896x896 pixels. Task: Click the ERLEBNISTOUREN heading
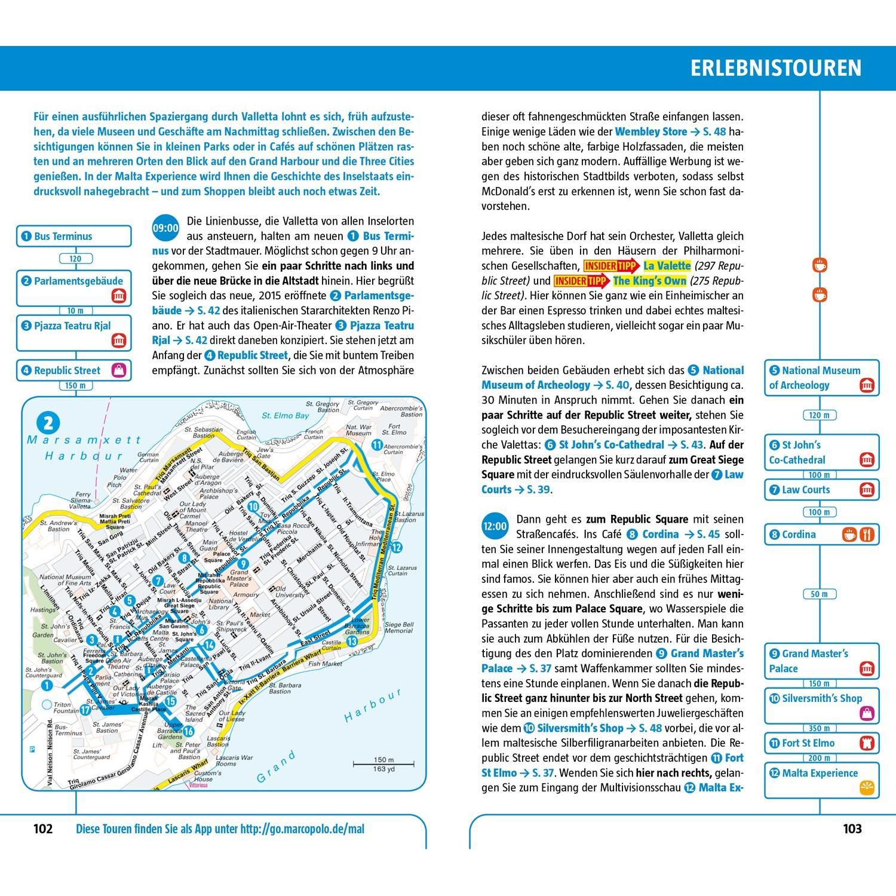pos(776,68)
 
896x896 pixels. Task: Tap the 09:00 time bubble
pos(165,228)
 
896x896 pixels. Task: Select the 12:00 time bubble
pos(495,527)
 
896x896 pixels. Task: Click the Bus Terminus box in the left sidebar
pos(73,236)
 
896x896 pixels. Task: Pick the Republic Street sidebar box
pos(73,370)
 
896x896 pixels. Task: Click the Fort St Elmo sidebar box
pos(821,743)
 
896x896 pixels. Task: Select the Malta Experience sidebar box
pos(821,780)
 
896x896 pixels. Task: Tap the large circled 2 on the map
pos(48,424)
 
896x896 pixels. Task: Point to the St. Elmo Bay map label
pos(286,415)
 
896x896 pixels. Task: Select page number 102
pos(43,829)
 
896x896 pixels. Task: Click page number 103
pos(852,829)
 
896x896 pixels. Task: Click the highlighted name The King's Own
pos(649,281)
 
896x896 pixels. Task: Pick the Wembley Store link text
pos(651,131)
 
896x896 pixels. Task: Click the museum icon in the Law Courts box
pos(867,490)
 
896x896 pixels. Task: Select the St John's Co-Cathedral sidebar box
pos(821,452)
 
